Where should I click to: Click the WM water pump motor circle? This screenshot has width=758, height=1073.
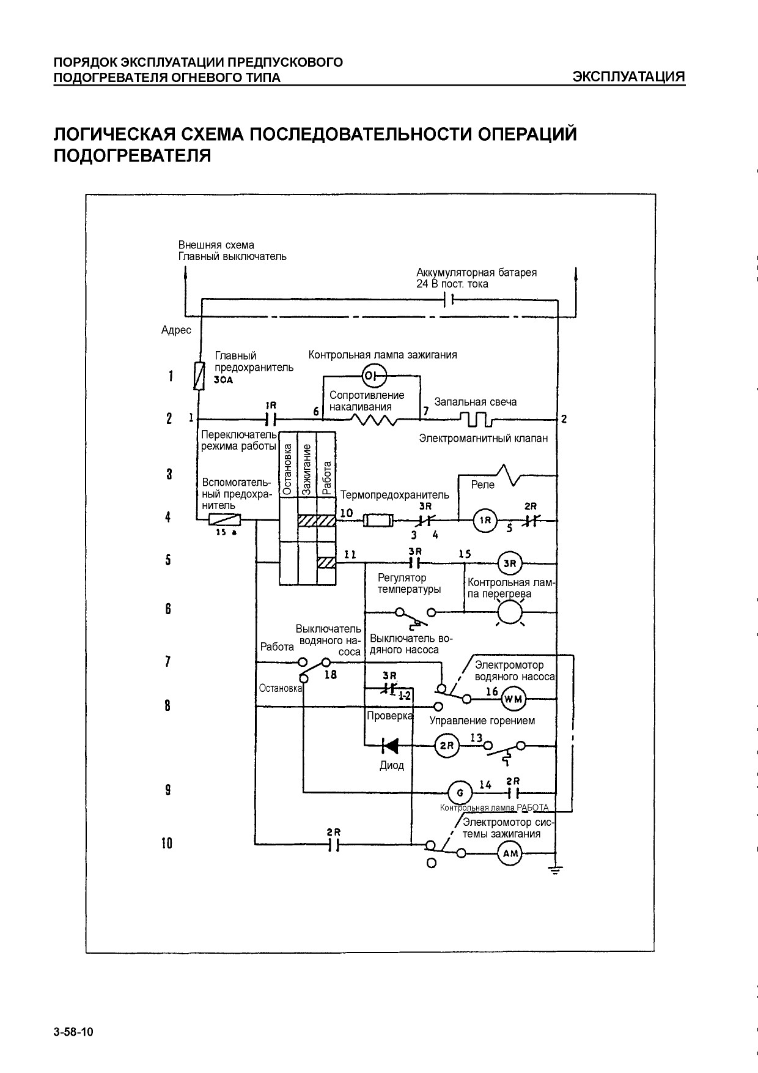513,699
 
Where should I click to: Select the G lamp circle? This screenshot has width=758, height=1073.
460,793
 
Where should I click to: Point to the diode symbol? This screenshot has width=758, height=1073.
389,746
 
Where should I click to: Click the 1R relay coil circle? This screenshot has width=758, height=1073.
485,521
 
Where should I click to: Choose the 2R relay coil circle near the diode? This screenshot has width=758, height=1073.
446,746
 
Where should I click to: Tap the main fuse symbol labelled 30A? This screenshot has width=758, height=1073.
199,376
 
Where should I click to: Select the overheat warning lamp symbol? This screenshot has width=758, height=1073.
510,611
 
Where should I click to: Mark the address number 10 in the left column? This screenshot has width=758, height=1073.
167,844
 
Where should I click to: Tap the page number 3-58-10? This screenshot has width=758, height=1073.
73,1033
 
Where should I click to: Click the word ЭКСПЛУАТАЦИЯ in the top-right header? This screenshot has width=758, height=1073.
628,77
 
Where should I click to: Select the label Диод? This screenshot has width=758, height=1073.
392,765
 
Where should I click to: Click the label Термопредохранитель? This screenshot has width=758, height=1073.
394,495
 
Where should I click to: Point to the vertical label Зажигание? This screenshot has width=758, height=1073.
307,469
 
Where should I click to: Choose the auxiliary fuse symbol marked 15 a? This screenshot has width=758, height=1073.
225,521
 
